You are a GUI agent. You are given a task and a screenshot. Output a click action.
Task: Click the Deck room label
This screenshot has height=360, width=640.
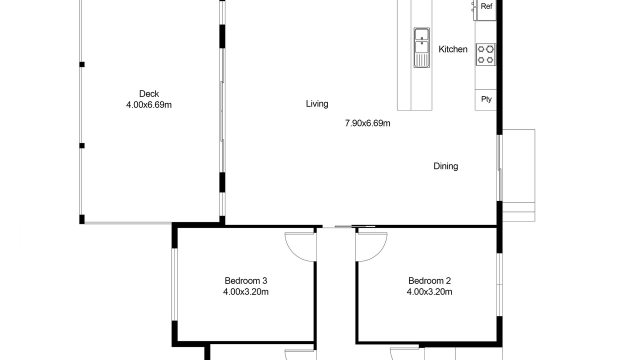point(149,93)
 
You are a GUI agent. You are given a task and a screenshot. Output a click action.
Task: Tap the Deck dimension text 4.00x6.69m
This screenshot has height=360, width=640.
point(149,105)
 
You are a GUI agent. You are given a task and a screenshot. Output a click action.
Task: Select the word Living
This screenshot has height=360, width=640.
point(317,103)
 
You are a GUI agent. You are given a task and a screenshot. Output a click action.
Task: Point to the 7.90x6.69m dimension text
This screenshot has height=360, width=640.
point(367,123)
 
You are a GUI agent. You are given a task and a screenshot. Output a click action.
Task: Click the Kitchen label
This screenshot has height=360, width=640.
point(453,49)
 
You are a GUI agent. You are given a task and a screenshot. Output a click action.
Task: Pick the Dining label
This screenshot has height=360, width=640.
point(445,166)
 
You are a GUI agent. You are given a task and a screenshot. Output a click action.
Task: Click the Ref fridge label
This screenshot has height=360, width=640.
point(486,6)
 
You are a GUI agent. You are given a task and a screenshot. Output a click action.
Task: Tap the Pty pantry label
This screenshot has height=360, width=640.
point(486,99)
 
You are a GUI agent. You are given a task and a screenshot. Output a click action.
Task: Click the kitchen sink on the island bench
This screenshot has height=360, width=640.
point(421,47)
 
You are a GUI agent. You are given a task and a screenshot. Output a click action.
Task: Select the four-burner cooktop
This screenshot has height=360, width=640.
point(485,54)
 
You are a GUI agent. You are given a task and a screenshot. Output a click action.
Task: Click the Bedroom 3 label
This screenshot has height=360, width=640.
point(245,281)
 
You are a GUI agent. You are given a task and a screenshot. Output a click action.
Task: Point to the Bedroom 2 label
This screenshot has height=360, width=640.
point(429,281)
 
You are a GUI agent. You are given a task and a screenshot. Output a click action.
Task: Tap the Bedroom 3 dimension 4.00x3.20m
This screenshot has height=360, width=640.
point(245,291)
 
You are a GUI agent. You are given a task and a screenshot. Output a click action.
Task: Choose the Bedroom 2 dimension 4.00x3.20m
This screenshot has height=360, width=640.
point(429,291)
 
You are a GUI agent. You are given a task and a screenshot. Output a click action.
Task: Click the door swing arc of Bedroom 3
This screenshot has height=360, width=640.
point(293,253)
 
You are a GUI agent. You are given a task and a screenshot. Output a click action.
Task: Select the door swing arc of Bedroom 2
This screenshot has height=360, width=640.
point(379,253)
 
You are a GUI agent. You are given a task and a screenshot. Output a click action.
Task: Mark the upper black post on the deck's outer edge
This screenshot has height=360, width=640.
point(82,64)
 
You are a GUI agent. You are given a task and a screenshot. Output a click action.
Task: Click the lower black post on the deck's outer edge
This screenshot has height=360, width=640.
point(82,145)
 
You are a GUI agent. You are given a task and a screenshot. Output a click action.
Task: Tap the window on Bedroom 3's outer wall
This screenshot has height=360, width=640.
point(174,284)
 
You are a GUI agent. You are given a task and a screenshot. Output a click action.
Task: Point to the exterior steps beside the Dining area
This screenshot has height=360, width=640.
point(518,211)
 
